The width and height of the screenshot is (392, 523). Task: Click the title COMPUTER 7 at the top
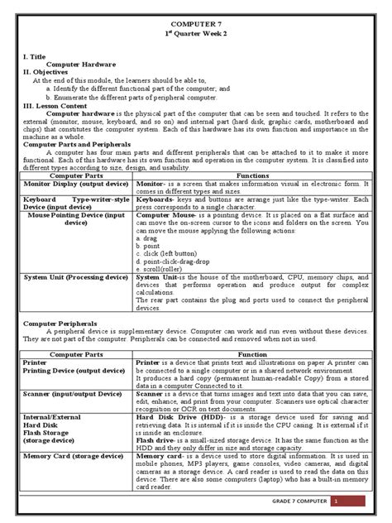(197, 27)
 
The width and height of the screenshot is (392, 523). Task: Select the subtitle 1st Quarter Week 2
(197, 38)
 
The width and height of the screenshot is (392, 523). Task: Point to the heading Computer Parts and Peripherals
(81, 144)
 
